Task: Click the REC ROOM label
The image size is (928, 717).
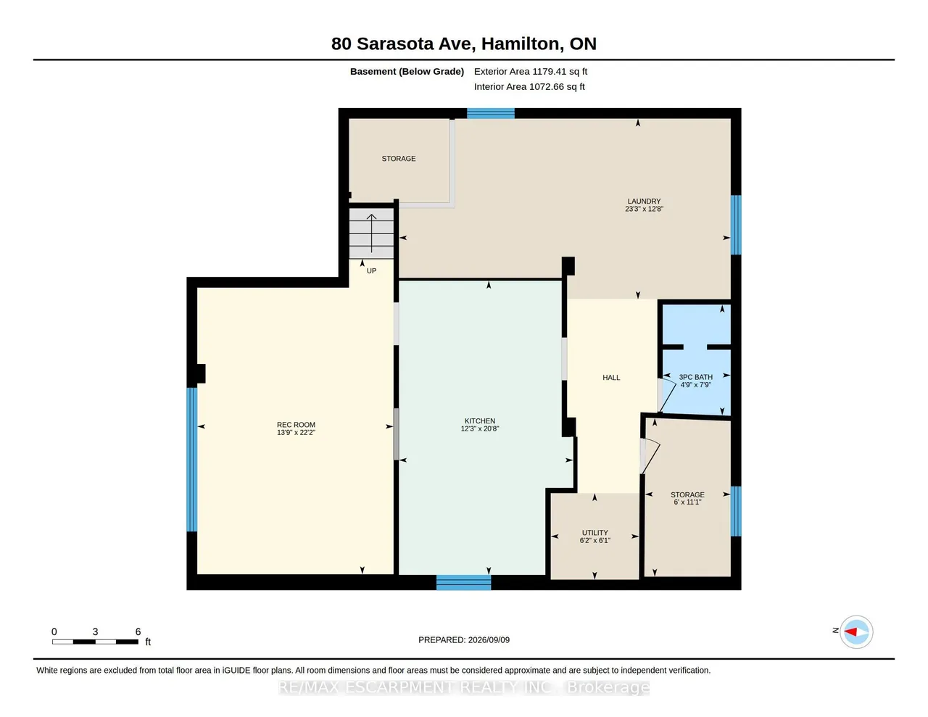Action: tap(296, 425)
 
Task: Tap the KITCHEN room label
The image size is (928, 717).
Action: tap(480, 420)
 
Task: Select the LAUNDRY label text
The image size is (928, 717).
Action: tap(644, 201)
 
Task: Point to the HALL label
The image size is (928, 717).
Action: tap(611, 378)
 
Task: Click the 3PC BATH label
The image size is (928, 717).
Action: tap(696, 377)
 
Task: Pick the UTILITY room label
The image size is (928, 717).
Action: tap(595, 533)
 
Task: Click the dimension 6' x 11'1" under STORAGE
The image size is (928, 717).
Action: tap(687, 502)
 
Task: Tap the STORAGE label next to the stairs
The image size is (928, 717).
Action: tap(399, 159)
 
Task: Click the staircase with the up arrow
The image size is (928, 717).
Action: tap(371, 233)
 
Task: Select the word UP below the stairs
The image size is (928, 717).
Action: tap(371, 270)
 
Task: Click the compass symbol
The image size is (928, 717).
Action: tap(856, 631)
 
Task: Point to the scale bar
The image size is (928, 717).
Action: tap(95, 642)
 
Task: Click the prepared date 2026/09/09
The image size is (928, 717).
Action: tap(489, 639)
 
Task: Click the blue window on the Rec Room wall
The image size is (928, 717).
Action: tap(192, 459)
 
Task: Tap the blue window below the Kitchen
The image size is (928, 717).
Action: tap(463, 582)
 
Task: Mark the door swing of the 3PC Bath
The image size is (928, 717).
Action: tap(668, 395)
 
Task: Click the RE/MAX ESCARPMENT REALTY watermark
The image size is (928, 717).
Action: tap(464, 687)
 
